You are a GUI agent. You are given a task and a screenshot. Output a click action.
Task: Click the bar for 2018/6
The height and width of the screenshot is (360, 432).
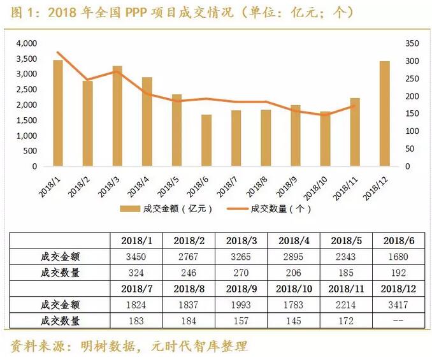206,141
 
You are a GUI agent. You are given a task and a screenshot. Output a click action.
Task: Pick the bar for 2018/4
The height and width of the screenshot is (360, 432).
147,122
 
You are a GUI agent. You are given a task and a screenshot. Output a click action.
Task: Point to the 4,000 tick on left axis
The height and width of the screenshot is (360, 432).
27,43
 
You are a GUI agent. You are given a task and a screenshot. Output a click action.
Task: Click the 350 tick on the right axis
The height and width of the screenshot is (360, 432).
412,43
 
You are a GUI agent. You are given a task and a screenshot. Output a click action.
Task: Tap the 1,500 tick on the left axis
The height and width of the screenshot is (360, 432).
27,120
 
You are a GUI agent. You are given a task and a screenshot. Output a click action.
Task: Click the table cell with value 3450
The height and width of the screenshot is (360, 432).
138,256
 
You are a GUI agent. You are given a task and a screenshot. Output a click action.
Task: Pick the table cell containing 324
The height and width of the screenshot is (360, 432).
138,273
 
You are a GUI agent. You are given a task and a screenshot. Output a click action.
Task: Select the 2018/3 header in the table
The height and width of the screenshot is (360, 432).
242,240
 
